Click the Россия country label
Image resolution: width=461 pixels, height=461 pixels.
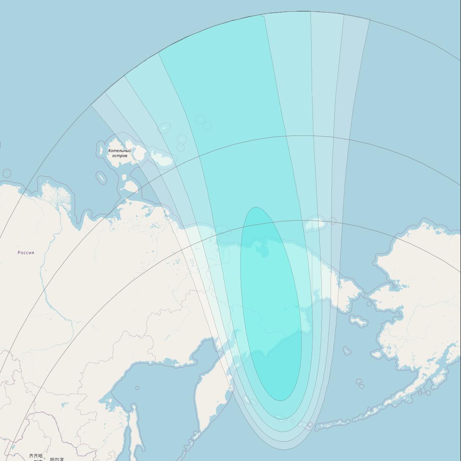click(x=26, y=253)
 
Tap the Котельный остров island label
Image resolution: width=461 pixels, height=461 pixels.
click(x=120, y=153)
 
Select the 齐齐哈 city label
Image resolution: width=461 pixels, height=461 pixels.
click(x=36, y=456)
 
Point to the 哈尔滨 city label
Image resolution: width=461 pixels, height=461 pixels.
click(x=57, y=459)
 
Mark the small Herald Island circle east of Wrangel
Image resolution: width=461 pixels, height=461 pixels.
click(x=333, y=221)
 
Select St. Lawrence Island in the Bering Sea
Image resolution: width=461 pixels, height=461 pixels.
click(x=358, y=322)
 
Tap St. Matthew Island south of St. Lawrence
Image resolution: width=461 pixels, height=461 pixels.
click(x=347, y=351)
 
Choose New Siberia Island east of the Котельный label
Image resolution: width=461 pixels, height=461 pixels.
click(x=162, y=159)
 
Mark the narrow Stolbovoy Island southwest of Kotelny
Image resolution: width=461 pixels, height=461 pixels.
click(x=101, y=178)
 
